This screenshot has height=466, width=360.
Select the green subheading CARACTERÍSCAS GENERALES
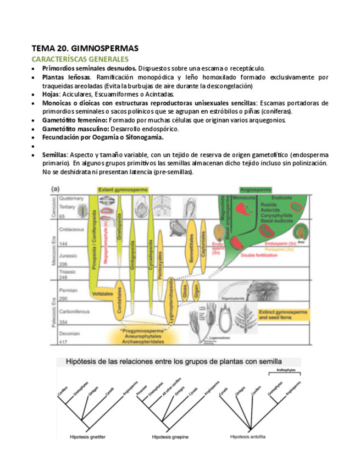[x=80, y=59]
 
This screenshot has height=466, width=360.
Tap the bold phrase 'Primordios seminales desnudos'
[x=89, y=68]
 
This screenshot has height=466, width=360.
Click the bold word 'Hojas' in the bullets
[x=52, y=94]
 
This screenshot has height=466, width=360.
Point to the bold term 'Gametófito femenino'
[x=74, y=120]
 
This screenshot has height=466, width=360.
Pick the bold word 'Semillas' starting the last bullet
[x=55, y=155]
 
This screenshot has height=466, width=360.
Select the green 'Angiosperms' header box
[x=259, y=190]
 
